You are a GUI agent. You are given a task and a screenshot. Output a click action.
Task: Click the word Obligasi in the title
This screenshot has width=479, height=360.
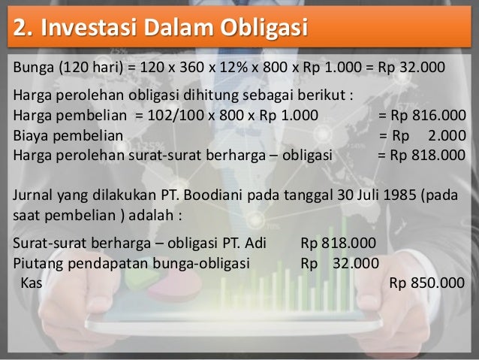click(262, 28)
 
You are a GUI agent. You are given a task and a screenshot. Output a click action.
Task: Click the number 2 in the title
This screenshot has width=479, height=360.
click(20, 28)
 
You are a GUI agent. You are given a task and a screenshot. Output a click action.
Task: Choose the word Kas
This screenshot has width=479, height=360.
click(31, 283)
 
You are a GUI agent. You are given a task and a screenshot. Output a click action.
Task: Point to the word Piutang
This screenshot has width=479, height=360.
click(38, 264)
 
